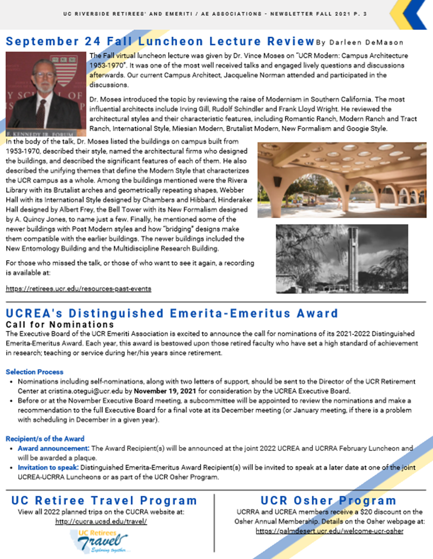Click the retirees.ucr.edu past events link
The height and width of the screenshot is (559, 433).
coord(78,289)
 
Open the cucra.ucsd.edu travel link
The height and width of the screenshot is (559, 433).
coord(101,521)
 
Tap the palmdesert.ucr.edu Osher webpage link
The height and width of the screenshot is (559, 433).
coord(330,531)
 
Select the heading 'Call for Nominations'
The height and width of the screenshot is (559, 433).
coord(60,324)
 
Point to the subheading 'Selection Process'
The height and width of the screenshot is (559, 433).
coord(34,372)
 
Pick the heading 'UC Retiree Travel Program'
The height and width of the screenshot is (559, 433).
coord(104,501)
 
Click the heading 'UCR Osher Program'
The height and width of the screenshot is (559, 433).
coord(328,501)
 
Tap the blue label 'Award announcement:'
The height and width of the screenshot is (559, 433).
coord(54,448)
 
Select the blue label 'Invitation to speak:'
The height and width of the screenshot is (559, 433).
coord(48,468)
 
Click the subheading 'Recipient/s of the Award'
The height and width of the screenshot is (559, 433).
coord(45,439)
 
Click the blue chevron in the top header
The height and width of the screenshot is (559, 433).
coord(414,14)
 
